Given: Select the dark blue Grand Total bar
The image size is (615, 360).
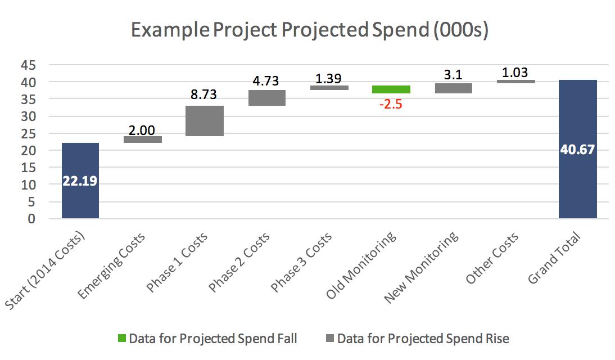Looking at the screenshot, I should click(578, 186).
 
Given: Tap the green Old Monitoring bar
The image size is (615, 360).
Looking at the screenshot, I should click(391, 89).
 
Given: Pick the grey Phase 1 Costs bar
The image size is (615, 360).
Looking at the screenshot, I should click(205, 121).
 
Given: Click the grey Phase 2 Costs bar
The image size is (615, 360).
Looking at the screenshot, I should click(267, 98).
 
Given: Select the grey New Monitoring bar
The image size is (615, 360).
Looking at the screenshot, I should click(453, 88).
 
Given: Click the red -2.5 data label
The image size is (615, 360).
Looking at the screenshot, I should click(391, 105).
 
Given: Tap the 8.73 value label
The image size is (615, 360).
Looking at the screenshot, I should click(204, 94).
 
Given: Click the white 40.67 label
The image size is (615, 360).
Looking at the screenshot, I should click(577, 150).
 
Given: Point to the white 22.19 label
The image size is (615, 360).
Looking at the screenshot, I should click(80, 182).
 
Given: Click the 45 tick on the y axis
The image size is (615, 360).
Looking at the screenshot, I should click(29, 65).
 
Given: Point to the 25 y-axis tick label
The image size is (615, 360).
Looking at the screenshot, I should click(29, 134).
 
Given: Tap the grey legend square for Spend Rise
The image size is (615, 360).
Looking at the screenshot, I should click(329, 339).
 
